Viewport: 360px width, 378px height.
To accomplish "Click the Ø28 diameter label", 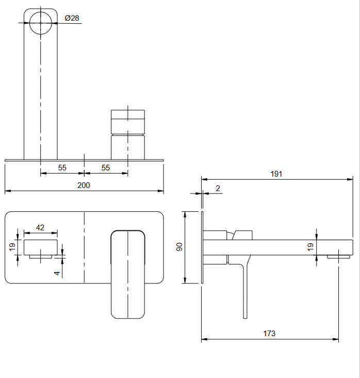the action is [72, 18].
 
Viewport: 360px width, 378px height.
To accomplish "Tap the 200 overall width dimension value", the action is [84, 185].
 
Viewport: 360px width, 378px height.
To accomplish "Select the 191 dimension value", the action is [276, 174].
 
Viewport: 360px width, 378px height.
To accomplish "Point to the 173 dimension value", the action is [269, 334].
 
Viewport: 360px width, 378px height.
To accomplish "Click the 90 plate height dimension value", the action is [179, 247].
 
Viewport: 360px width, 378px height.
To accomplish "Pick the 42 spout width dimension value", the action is [40, 228].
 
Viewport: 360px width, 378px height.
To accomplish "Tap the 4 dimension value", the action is [57, 273].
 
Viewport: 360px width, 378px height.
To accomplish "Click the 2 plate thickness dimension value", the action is [218, 188].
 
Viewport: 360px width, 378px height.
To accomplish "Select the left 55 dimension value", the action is [62, 167].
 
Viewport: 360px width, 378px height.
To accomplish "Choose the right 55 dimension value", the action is [106, 167].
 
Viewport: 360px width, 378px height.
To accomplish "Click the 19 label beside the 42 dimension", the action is [12, 247].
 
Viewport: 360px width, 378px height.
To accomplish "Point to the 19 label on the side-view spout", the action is [310, 247].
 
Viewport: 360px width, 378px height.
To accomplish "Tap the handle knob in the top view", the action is [128, 134].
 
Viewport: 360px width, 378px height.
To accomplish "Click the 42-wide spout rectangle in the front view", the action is [41, 247].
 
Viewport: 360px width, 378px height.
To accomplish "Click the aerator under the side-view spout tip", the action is [338, 257].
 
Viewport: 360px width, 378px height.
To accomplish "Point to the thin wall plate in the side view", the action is [202, 247].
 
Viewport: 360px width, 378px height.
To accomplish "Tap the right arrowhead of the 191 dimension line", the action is [350, 179].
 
